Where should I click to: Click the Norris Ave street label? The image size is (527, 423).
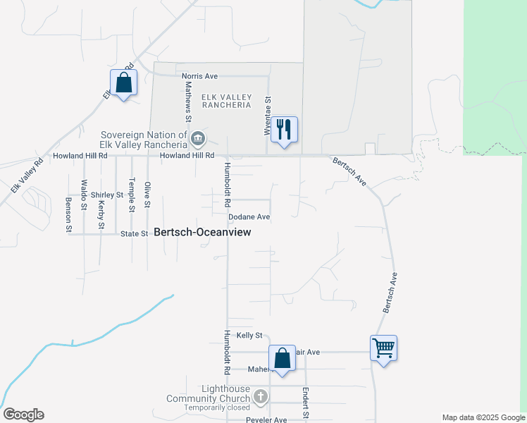coord(199,76)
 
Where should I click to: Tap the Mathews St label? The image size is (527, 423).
coord(188,99)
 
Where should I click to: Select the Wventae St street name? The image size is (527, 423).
coord(268,113)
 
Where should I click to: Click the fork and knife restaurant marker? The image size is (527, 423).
coord(285,130)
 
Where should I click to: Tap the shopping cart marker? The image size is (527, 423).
coord(383,348)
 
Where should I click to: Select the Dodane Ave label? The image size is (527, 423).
coord(249,217)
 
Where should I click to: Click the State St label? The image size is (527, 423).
coord(134,233)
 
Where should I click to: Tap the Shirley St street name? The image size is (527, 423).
coord(107,195)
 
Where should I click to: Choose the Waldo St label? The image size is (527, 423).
coord(84,195)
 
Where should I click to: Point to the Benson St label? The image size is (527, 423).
coord(68,214)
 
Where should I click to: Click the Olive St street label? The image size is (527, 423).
coord(147,195)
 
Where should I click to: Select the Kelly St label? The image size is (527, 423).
coord(249,336)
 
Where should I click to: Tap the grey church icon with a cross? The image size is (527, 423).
coord(261,396)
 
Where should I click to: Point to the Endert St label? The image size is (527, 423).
coord(306,403)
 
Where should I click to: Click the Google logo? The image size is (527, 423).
coord(23,415)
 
